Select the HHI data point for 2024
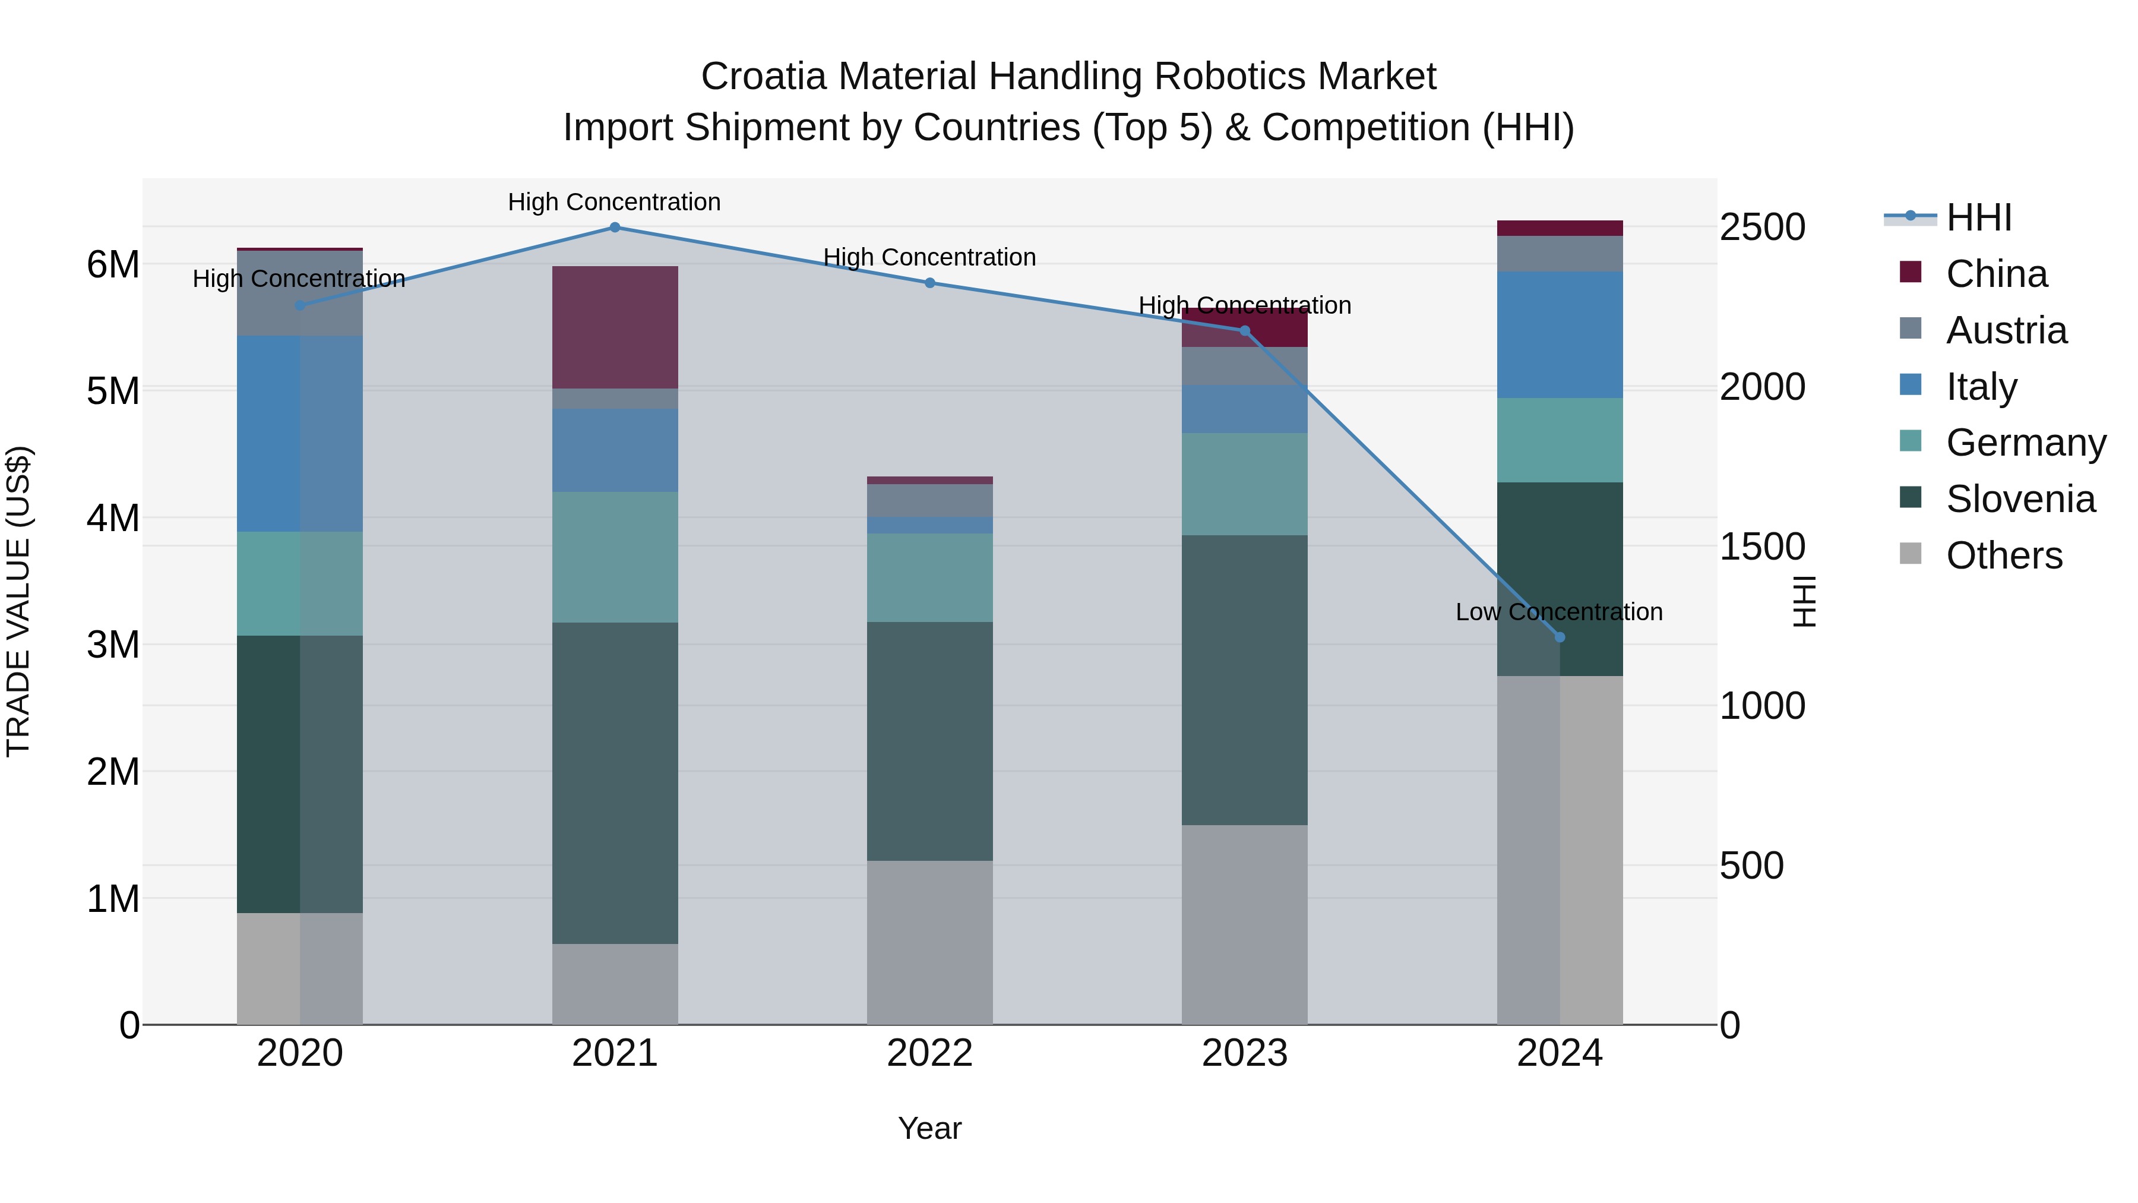(x=1560, y=637)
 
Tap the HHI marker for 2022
(x=929, y=283)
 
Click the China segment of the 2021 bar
(x=615, y=327)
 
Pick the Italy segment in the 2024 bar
(x=1560, y=334)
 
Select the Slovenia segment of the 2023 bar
(x=1244, y=680)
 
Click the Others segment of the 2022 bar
(x=929, y=942)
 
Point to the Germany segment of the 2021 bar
(x=615, y=557)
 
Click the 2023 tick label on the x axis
(x=1244, y=1053)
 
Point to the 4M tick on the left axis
(x=113, y=518)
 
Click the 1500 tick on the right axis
(x=1762, y=547)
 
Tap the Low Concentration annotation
(x=1559, y=612)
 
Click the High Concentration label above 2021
(x=614, y=202)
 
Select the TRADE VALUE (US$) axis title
(x=18, y=601)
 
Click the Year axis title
(x=929, y=1128)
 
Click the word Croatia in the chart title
(x=764, y=77)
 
